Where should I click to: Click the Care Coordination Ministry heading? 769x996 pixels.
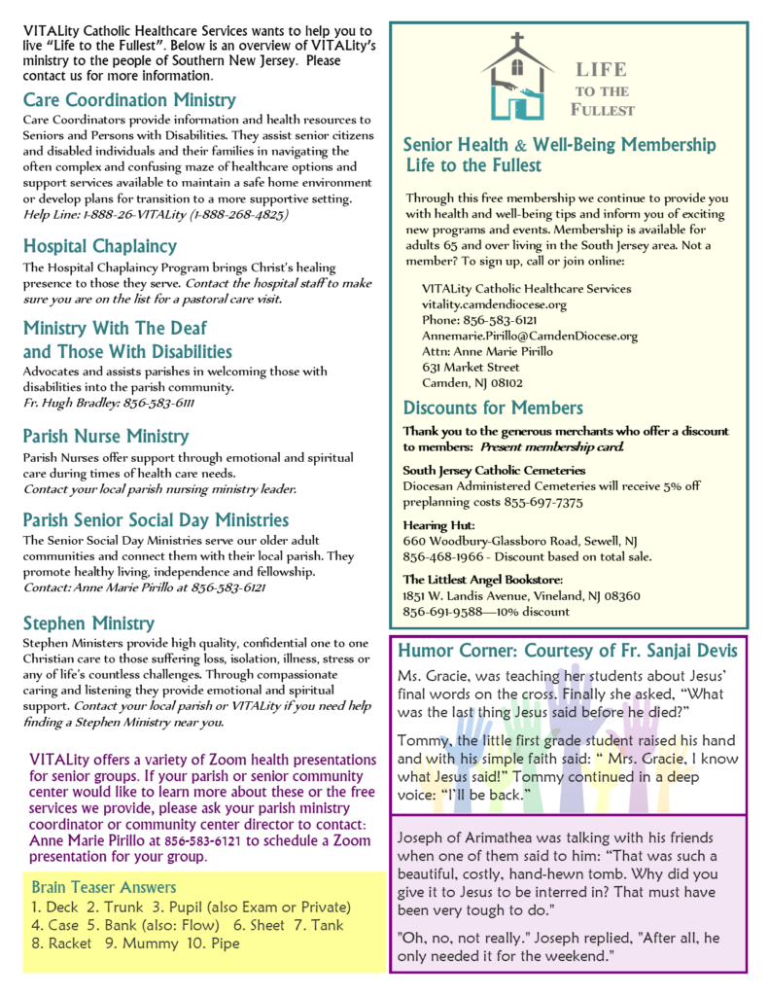coord(129,99)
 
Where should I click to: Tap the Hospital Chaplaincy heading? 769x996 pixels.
coord(100,246)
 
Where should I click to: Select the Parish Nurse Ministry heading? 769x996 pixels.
coord(106,436)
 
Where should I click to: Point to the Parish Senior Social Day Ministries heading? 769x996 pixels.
coord(156,520)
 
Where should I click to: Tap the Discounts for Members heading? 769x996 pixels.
coord(493,408)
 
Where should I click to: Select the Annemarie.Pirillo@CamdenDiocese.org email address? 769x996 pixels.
coord(530,336)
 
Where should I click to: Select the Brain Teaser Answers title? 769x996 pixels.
coord(104,887)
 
